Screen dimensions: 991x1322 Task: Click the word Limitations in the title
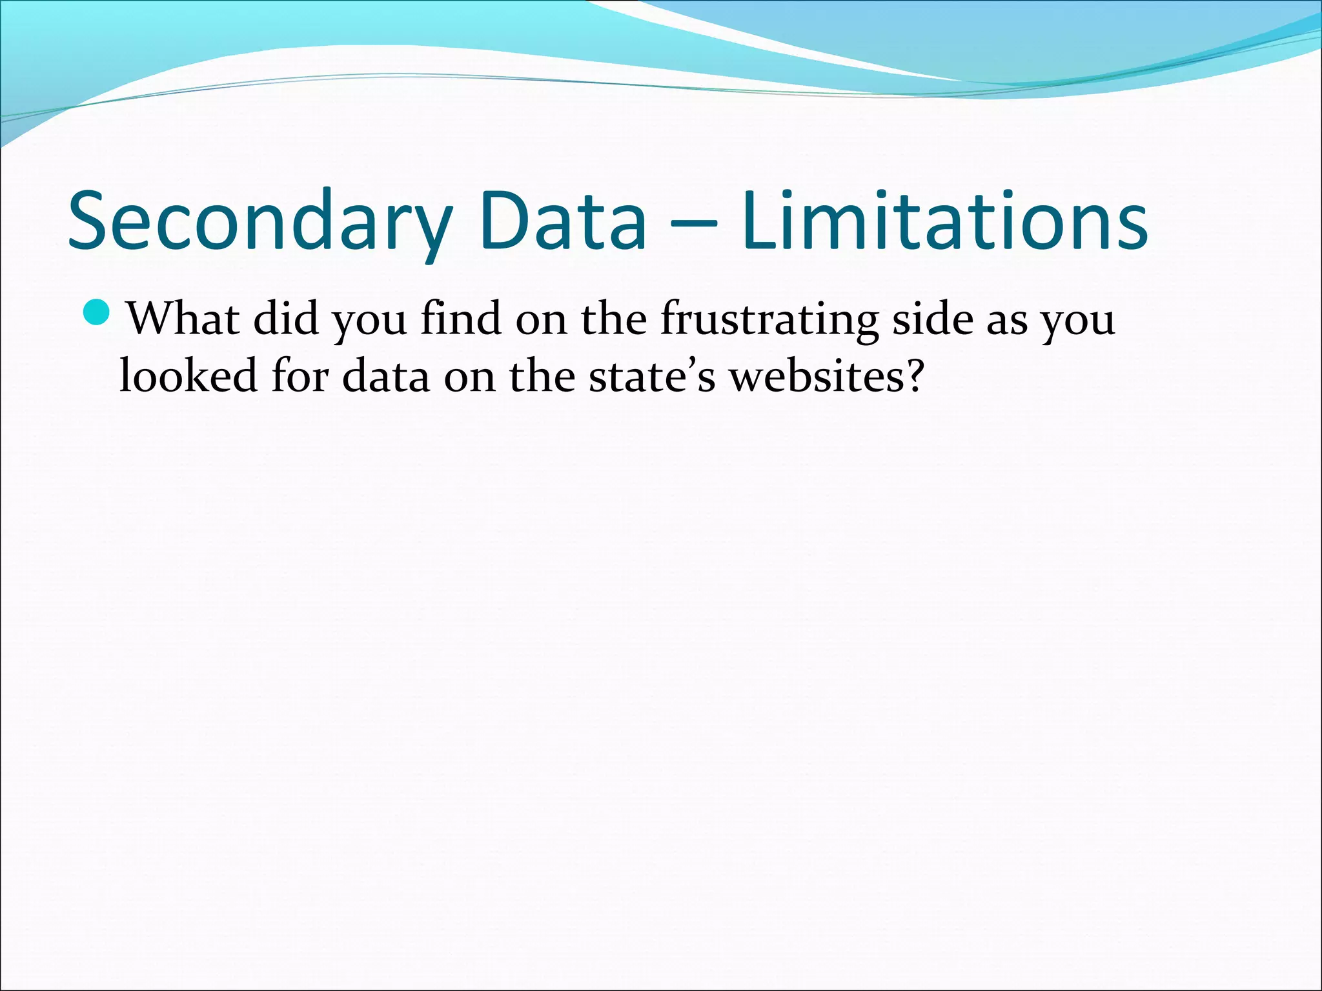click(944, 219)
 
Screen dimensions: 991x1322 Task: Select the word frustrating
click(769, 320)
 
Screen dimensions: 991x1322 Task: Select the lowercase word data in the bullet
click(385, 375)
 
